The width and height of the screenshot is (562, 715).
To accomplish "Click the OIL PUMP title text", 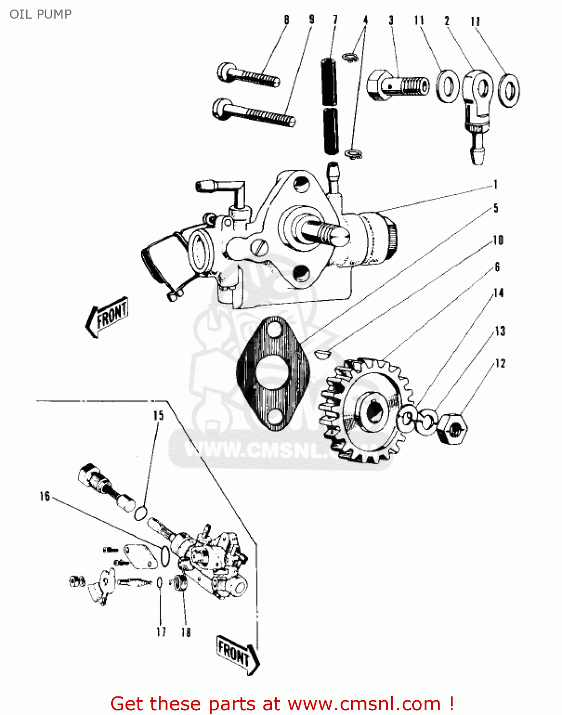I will [41, 14].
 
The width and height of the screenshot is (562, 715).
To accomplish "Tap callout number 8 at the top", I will [286, 20].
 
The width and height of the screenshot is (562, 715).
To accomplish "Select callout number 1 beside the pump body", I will [496, 185].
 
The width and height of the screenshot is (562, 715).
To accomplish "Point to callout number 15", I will [158, 416].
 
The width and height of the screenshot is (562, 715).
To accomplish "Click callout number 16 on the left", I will [44, 497].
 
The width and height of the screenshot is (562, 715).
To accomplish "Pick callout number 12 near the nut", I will [500, 364].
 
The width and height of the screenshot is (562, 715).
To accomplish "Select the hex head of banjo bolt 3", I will [377, 85].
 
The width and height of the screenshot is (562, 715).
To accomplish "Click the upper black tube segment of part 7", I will [328, 81].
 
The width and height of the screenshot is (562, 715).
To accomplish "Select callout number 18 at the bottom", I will [186, 632].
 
